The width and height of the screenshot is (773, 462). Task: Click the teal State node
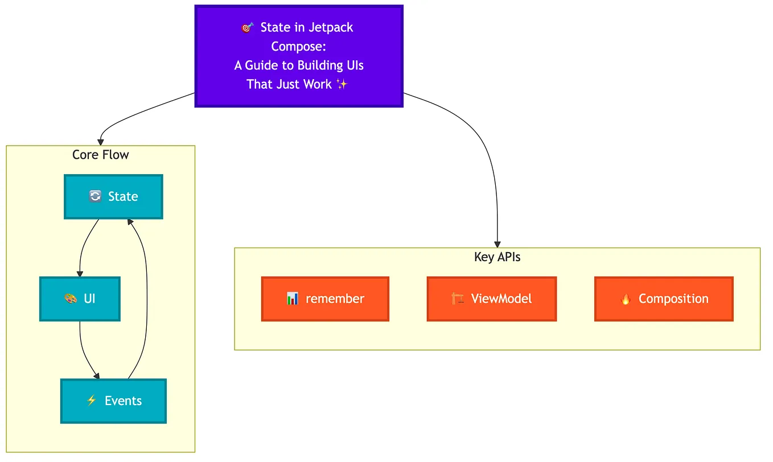[113, 197]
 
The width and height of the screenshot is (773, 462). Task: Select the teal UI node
[80, 299]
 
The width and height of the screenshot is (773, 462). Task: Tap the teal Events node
[113, 401]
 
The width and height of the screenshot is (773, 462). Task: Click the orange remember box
[325, 299]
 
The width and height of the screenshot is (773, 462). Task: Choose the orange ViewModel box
[491, 299]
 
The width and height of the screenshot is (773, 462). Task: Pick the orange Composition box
[664, 299]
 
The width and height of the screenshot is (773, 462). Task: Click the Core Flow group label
[101, 155]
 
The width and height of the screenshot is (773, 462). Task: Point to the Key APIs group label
[497, 257]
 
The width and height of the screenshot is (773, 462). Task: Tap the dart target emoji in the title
[247, 28]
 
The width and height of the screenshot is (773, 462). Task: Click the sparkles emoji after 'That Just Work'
[342, 84]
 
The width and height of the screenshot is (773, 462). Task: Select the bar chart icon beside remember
[293, 299]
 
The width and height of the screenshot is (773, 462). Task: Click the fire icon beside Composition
[625, 299]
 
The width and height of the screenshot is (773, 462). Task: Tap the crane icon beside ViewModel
[458, 299]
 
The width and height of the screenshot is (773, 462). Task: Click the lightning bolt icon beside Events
[91, 401]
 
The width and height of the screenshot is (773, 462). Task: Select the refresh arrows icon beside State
[95, 196]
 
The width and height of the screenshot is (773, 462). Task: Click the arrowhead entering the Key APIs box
[497, 245]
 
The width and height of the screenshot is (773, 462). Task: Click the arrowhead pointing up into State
[130, 222]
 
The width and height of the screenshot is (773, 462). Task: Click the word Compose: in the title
[298, 47]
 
